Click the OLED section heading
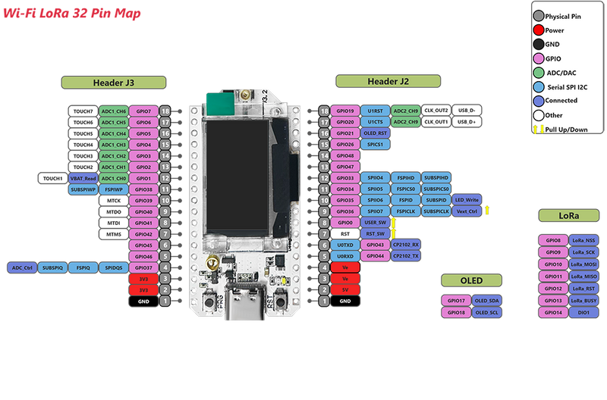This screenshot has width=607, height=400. [471, 281]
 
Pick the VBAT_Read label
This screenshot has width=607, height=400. [82, 178]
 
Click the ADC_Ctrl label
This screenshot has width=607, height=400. [22, 267]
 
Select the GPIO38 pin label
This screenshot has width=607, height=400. [143, 189]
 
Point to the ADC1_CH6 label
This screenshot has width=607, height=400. [113, 111]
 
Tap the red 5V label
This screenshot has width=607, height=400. [344, 289]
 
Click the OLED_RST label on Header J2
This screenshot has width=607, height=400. [375, 133]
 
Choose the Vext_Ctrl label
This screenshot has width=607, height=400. [467, 211]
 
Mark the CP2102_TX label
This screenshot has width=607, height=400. [405, 256]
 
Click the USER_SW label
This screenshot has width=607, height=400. [375, 223]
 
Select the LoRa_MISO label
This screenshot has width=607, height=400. [583, 277]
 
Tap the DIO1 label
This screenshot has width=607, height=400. [583, 312]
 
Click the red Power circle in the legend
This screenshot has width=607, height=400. [537, 30]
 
